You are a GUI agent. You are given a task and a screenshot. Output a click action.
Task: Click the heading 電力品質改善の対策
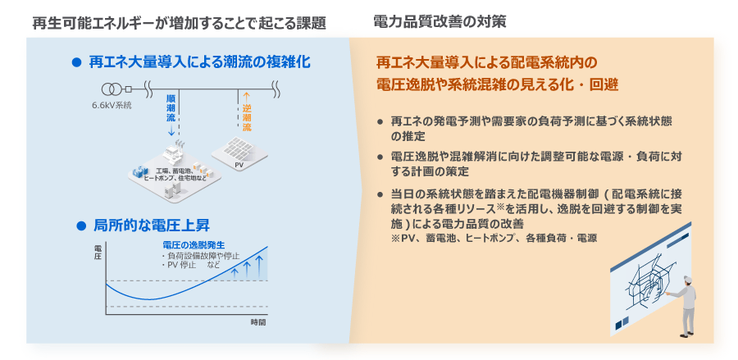pos(440,21)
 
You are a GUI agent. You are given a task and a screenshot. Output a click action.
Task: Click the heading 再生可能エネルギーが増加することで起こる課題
pos(180,23)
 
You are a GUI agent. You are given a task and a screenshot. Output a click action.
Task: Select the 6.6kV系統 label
pos(112,106)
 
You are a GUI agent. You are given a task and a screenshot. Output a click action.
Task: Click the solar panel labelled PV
pos(239,150)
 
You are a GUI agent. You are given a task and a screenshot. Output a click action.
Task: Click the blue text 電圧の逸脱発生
pos(193,245)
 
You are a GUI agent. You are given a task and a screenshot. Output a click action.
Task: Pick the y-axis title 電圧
pos(98,253)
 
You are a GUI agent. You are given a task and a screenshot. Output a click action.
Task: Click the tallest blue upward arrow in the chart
pos(258,265)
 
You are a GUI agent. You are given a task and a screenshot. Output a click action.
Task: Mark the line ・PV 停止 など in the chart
pos(190,265)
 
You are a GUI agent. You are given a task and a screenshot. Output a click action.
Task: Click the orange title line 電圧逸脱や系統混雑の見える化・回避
pos(497,84)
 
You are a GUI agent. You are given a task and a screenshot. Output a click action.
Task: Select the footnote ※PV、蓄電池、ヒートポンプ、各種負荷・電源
pos(494,238)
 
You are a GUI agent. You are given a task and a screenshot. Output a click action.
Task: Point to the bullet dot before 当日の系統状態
pos(380,194)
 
